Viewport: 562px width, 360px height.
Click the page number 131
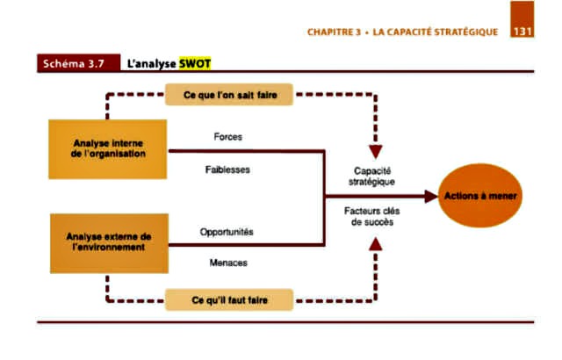coord(522,32)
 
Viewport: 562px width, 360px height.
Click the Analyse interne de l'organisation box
coord(108,148)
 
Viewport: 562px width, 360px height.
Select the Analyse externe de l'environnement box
coord(108,241)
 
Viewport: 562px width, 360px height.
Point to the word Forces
coord(228,137)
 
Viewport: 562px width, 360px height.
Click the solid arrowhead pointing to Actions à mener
coord(430,197)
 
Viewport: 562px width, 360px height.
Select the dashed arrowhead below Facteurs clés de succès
coord(374,243)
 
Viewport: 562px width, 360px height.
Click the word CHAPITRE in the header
coord(333,32)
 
